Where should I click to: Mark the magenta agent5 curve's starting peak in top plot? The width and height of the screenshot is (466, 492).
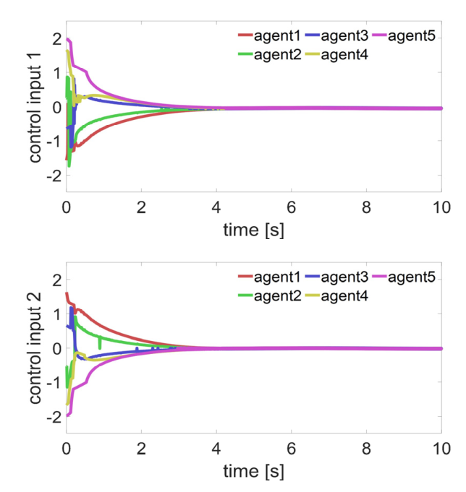point(67,39)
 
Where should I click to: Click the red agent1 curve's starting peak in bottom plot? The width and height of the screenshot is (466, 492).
point(67,293)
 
